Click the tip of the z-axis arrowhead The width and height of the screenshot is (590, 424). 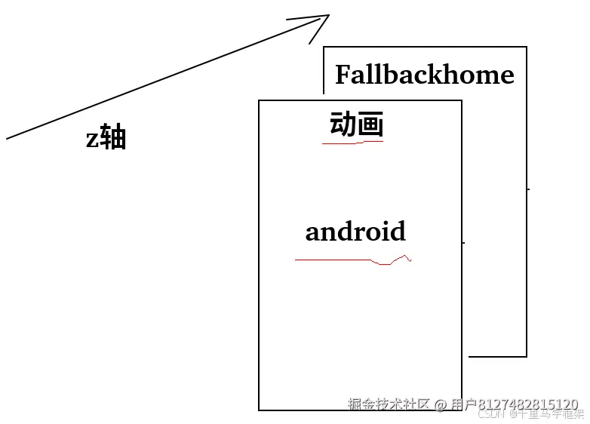point(329,15)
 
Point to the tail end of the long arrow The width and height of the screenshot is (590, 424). point(8,138)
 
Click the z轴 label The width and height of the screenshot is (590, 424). point(106,138)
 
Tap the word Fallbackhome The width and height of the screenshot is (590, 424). point(424,75)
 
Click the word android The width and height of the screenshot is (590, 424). point(355,231)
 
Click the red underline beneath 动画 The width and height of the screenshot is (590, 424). point(352,142)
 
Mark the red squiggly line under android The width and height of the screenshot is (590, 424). point(353,260)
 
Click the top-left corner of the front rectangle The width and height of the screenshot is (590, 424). point(259,100)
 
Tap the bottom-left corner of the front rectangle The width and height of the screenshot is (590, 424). point(259,410)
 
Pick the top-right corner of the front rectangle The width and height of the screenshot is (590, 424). point(462,100)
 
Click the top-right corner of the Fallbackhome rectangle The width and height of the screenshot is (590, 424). point(527,47)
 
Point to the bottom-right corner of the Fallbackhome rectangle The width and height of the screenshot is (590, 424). point(527,356)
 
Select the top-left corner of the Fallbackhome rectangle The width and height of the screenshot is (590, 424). point(324,47)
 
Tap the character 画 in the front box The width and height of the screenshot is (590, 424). point(370,124)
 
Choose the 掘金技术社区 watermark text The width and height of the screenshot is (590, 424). point(388,404)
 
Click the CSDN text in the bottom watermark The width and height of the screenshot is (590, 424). point(491,414)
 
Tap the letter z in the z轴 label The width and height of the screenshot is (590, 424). point(92,139)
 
